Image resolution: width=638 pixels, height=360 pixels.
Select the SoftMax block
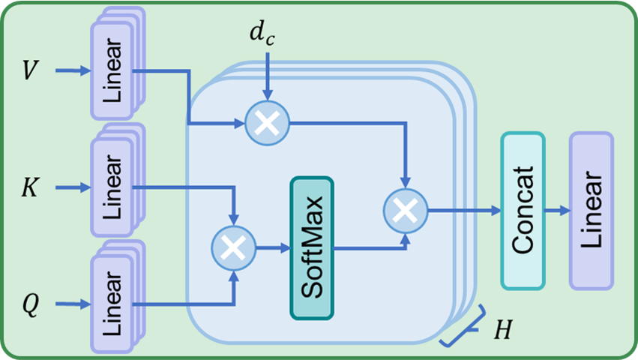[310, 247]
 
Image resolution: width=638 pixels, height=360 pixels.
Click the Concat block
[523, 211]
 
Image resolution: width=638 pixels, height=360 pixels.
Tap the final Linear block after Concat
[591, 211]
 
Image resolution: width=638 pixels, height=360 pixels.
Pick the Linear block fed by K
[111, 187]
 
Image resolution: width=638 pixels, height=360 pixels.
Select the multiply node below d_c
[267, 122]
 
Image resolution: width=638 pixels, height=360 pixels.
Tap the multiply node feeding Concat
[405, 211]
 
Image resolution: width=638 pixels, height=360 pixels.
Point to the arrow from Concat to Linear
[556, 211]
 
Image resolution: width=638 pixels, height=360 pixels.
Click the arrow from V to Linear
[69, 71]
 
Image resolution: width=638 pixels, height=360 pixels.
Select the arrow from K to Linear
[69, 187]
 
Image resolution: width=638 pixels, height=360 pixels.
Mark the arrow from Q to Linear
[69, 304]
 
